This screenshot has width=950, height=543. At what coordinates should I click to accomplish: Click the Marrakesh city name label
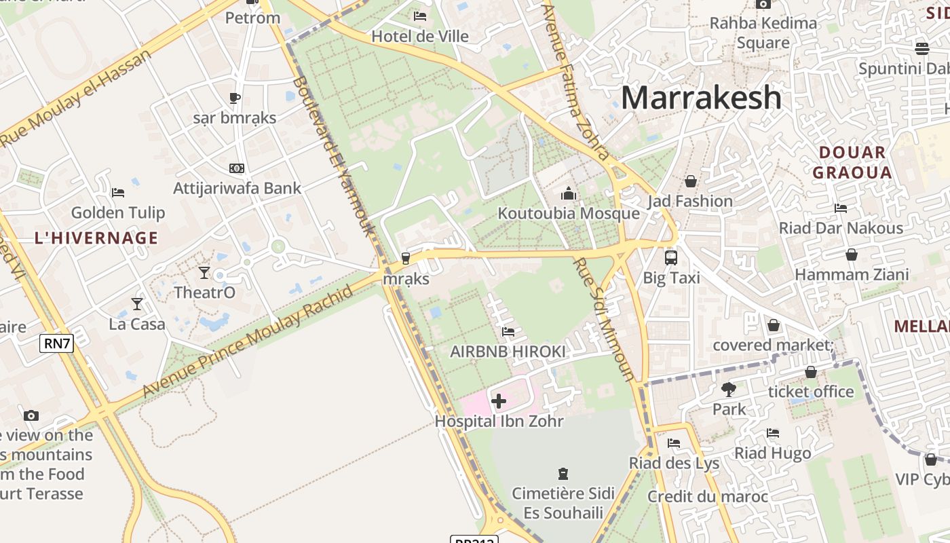point(701,98)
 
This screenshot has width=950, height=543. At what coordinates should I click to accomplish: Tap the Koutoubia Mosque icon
point(569,194)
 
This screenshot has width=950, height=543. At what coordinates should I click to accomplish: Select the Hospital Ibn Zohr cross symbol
point(499,401)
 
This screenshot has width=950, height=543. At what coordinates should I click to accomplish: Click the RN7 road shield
point(56,343)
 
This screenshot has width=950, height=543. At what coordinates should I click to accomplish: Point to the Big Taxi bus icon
point(671,257)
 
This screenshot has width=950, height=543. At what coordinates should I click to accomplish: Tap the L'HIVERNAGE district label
point(96,238)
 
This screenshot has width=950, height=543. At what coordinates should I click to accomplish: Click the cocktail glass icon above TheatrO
point(204,273)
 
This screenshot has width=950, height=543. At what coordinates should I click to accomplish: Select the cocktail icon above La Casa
point(137,303)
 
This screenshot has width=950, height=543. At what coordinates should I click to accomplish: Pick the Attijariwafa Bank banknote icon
point(237,168)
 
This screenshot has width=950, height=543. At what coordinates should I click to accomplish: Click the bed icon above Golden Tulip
point(118,193)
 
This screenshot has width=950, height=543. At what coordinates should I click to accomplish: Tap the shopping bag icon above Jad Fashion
point(690,181)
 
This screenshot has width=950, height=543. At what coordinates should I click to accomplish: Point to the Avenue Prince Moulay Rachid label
point(248,341)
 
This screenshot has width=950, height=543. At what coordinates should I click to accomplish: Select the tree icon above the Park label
point(729,390)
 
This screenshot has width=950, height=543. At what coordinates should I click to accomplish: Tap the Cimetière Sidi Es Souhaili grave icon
point(563,473)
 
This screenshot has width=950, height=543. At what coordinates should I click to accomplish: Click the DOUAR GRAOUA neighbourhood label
point(852,162)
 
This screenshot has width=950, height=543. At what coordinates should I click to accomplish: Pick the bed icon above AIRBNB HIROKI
point(508,332)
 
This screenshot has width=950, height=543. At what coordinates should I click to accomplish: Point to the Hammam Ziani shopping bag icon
point(852,255)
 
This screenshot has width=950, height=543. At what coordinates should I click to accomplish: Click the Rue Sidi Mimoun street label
point(603,319)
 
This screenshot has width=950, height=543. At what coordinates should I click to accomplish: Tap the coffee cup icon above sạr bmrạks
point(235,98)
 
